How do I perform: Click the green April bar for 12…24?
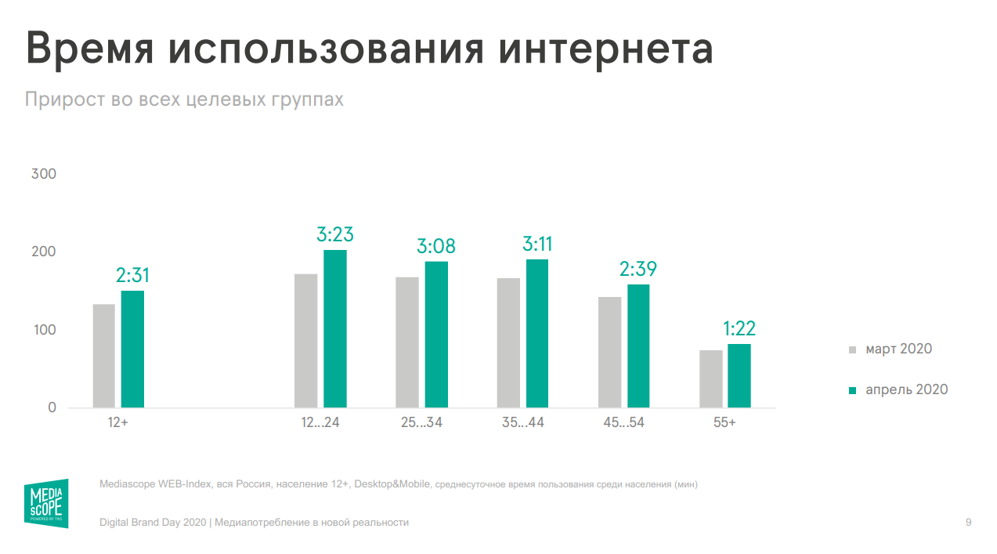click(x=335, y=329)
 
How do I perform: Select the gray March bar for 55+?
click(x=711, y=379)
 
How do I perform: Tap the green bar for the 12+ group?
click(x=132, y=349)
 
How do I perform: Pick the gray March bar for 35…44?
click(x=508, y=343)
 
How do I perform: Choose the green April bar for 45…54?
click(x=638, y=346)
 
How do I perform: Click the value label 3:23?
click(x=335, y=234)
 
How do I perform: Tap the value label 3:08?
click(x=436, y=247)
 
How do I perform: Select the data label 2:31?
click(x=132, y=276)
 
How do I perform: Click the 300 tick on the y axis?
click(x=44, y=174)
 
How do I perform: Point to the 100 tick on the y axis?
click(x=44, y=330)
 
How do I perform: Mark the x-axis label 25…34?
click(x=422, y=423)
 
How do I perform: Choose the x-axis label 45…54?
click(x=623, y=423)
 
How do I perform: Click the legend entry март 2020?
click(x=898, y=349)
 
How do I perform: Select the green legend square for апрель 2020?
click(x=853, y=390)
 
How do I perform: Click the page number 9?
click(x=969, y=522)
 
